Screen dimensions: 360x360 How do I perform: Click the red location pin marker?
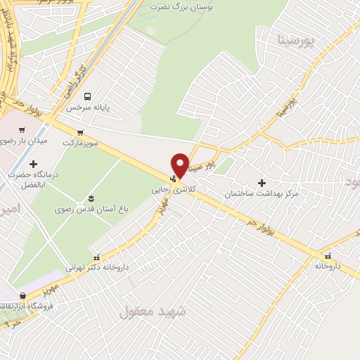tap(180, 164)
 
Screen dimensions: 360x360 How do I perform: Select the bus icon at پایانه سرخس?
tap(87, 96)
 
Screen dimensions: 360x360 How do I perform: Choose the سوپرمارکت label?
tap(80, 143)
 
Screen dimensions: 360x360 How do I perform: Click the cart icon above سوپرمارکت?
tap(80, 132)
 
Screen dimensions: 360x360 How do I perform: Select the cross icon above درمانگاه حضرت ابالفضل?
tap(32, 163)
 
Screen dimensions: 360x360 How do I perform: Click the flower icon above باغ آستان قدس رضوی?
tap(91, 198)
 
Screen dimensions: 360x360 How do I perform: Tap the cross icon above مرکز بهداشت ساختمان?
tap(262, 182)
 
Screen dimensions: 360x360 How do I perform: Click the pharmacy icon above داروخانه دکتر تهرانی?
tap(96, 257)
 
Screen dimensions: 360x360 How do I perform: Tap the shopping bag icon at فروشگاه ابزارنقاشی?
tap(23, 296)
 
